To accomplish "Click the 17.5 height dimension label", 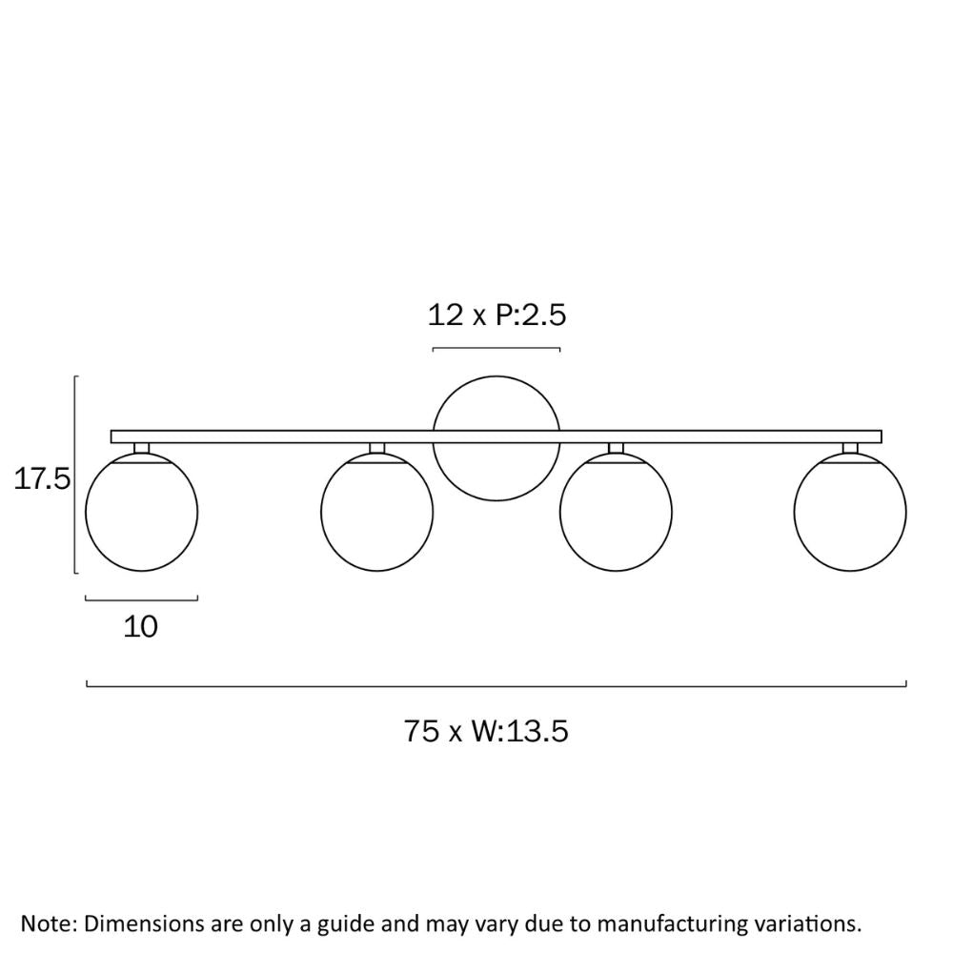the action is pyautogui.click(x=42, y=479).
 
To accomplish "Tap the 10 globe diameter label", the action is pyautogui.click(x=140, y=627).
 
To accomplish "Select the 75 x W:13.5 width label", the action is pyautogui.click(x=486, y=731).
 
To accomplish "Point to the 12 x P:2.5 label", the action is pyautogui.click(x=497, y=314).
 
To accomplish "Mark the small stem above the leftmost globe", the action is pyautogui.click(x=142, y=449).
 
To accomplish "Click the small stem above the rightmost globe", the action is pyautogui.click(x=850, y=449).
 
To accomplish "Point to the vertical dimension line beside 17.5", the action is pyautogui.click(x=74, y=474).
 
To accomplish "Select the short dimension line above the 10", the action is pyautogui.click(x=142, y=600).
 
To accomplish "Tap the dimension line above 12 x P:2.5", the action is pyautogui.click(x=496, y=349).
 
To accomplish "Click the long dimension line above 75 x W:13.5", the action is pyautogui.click(x=497, y=686).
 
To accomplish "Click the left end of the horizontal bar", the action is pyautogui.click(x=112, y=436).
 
